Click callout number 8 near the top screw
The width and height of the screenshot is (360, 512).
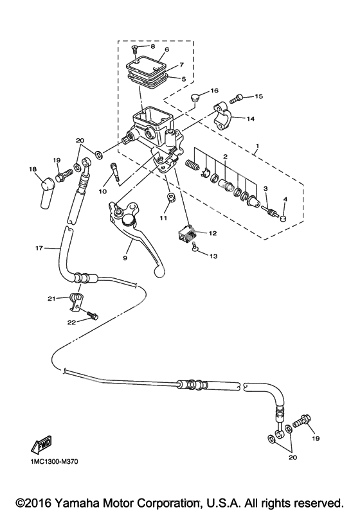point(152,47)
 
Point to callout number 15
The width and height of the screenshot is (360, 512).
point(259,97)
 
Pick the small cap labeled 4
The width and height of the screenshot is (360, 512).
point(283,219)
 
